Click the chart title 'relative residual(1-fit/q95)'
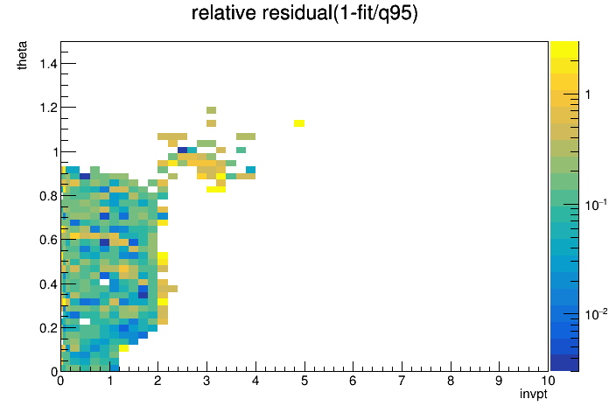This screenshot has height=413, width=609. pyautogui.click(x=304, y=13)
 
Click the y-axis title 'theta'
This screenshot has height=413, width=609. pyautogui.click(x=22, y=55)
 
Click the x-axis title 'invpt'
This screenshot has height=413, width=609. pyautogui.click(x=534, y=394)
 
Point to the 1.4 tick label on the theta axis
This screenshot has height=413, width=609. pyautogui.click(x=48, y=63)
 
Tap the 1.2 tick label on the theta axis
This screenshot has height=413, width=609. pyautogui.click(x=48, y=108)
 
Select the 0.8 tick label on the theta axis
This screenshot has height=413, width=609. pyautogui.click(x=48, y=196)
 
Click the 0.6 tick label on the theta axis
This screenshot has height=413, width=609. pyautogui.click(x=48, y=240)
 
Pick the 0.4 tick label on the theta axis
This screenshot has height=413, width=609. pyautogui.click(x=48, y=284)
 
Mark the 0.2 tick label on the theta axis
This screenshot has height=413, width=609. pyautogui.click(x=48, y=328)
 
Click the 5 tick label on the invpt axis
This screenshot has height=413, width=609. pyautogui.click(x=304, y=381)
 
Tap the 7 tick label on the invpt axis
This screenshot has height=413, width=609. pyautogui.click(x=402, y=381)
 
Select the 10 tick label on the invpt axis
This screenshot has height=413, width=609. pyautogui.click(x=548, y=381)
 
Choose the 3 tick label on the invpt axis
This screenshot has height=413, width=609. pyautogui.click(x=206, y=381)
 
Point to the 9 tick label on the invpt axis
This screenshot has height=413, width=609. pyautogui.click(x=499, y=381)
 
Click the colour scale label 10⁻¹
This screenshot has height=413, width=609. pyautogui.click(x=596, y=205)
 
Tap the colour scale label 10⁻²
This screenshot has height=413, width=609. pyautogui.click(x=596, y=313)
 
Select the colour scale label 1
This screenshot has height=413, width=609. pyautogui.click(x=588, y=94)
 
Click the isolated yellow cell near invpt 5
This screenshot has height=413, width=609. pyautogui.click(x=299, y=123)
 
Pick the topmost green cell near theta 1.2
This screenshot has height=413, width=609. pyautogui.click(x=211, y=110)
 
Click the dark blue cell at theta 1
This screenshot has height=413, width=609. pyautogui.click(x=182, y=150)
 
